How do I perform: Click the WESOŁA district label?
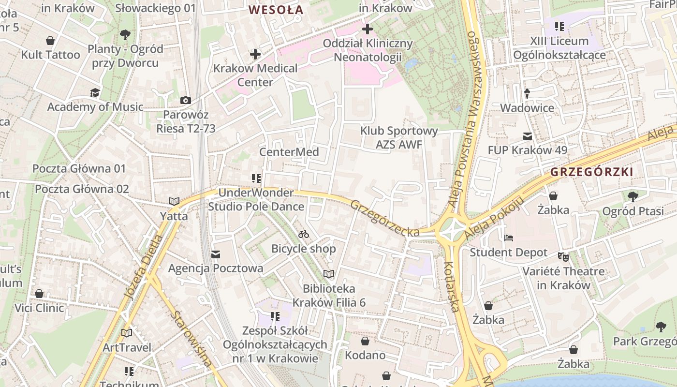276,10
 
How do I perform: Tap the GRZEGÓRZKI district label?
591,172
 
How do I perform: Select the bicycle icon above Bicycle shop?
304,235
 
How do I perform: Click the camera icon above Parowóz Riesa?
185,101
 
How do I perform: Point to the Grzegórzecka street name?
385,219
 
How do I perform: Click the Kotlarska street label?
451,286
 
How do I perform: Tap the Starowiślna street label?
191,339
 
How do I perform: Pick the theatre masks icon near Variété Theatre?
563,256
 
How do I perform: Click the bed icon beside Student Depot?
508,238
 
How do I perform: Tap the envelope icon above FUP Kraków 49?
527,136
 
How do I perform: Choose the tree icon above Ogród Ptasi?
633,196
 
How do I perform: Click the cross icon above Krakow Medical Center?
255,54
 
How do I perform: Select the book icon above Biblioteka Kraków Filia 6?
329,274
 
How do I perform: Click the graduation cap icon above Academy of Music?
95,92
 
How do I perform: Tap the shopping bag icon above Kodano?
365,341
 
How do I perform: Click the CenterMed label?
289,152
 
